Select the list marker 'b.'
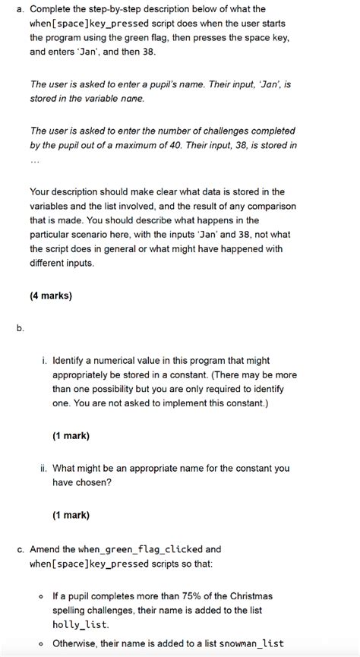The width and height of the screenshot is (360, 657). pos(20,328)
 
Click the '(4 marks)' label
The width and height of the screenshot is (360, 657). pos(51,296)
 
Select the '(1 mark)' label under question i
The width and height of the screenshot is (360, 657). pos(71,436)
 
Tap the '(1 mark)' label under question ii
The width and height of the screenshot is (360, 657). pos(71,515)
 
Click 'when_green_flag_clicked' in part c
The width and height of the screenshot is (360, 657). pos(136,548)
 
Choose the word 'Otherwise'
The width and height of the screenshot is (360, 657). pos(74,643)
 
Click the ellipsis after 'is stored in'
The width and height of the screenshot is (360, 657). pos(34,161)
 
